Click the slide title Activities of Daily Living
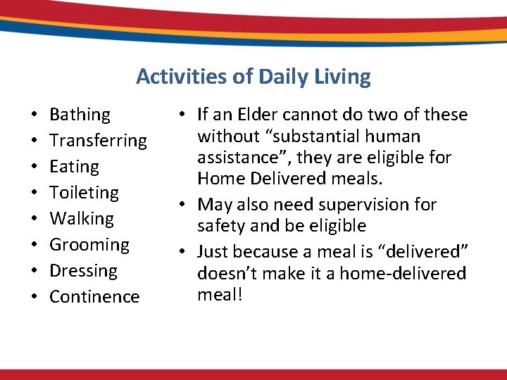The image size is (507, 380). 253,76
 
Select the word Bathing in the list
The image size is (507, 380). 80,115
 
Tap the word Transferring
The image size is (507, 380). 98,141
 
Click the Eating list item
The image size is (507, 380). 74,167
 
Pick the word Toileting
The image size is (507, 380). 84,193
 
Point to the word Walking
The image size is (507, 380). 81,219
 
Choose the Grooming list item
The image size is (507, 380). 89,245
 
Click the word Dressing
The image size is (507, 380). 83,271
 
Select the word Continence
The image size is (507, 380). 94,297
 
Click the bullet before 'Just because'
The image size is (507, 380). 182,252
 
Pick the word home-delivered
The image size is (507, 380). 403,273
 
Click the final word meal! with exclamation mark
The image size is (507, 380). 220,294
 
